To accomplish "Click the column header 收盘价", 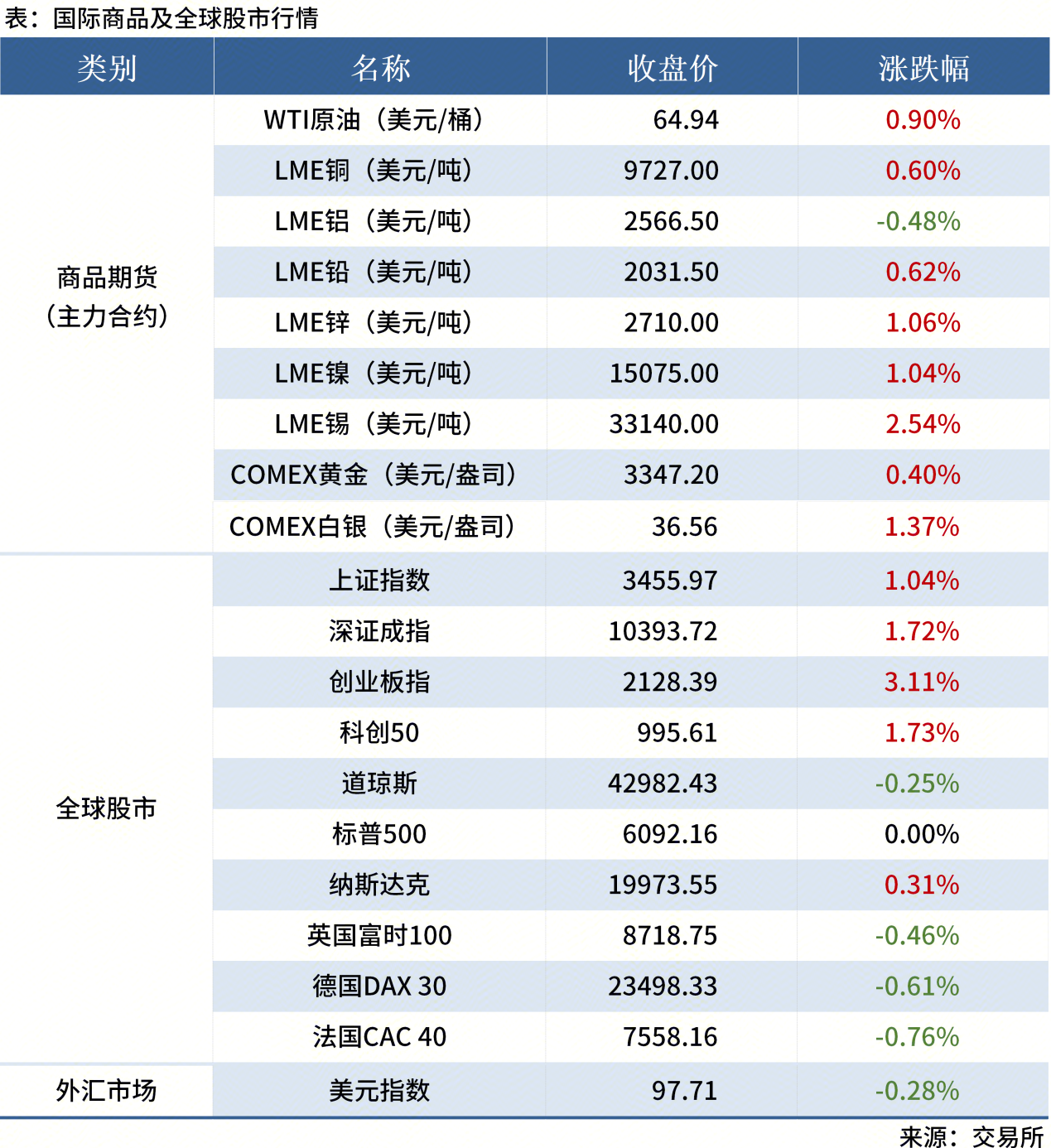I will click(672, 68).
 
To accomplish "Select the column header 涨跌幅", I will click(923, 68).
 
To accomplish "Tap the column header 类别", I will click(107, 68).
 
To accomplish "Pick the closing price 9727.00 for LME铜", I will click(671, 171).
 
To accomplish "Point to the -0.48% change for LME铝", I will click(918, 221).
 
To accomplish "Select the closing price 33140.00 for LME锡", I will click(663, 424).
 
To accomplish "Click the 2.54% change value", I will click(923, 424).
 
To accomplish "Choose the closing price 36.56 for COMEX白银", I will click(684, 527).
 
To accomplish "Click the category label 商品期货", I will click(107, 278).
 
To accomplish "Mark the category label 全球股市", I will click(106, 808).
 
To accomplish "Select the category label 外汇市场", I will click(106, 1091).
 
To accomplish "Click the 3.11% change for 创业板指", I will click(922, 683).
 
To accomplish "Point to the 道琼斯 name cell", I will click(379, 784).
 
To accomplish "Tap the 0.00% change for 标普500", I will click(922, 834).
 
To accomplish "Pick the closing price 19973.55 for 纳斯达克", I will click(663, 885).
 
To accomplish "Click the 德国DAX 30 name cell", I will click(379, 986).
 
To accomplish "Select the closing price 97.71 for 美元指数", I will click(684, 1091).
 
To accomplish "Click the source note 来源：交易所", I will click(971, 1136).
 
